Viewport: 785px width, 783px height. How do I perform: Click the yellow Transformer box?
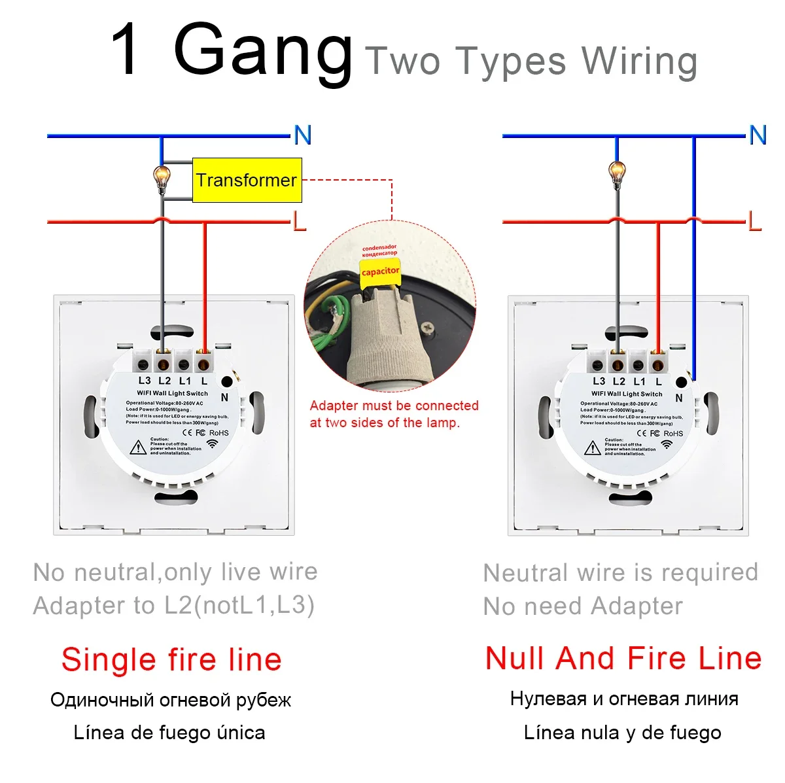click(247, 180)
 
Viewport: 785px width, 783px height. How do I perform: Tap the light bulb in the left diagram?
click(161, 175)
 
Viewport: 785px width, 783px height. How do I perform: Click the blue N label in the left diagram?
click(302, 135)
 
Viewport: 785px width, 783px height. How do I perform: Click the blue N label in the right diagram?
click(758, 135)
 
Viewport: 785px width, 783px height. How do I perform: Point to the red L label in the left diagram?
click(300, 222)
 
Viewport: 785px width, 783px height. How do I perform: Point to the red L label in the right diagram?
click(755, 222)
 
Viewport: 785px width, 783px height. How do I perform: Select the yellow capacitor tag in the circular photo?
click(380, 271)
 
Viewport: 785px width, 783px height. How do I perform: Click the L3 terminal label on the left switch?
click(144, 381)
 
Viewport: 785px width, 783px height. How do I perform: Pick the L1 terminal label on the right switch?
click(639, 381)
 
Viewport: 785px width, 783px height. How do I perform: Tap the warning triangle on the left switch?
click(138, 447)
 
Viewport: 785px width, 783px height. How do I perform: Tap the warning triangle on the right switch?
click(593, 448)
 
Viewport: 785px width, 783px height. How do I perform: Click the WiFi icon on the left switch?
click(213, 444)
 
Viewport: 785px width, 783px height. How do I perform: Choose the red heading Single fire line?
click(171, 659)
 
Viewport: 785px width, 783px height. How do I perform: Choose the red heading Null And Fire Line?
click(623, 658)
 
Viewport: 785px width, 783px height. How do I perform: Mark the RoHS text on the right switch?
click(673, 434)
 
